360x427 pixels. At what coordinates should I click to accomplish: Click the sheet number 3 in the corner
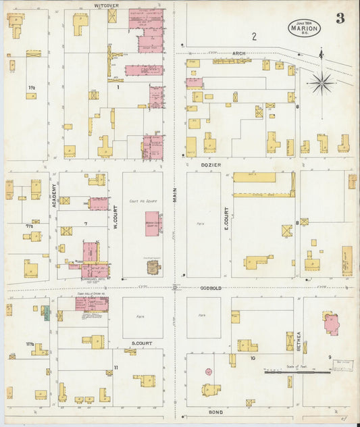[340, 18]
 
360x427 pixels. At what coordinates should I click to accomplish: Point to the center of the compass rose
[321, 84]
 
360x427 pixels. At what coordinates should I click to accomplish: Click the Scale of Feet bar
[297, 370]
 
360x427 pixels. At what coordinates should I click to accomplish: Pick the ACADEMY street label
[53, 197]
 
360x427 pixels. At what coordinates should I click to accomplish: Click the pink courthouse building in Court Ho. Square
[153, 223]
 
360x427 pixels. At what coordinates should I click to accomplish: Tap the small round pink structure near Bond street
[209, 372]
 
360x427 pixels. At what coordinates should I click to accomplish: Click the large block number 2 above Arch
[255, 36]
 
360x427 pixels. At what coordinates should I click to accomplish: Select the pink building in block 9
[332, 323]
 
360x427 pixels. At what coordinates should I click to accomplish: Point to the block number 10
[252, 358]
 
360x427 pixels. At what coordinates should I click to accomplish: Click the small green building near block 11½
[46, 313]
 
